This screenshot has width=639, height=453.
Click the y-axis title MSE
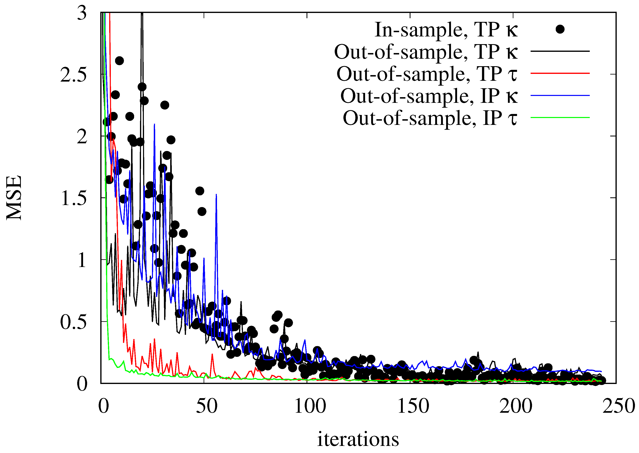coord(14,198)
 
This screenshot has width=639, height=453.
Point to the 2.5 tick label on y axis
coord(73,74)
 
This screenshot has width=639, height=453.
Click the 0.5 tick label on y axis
coord(73,322)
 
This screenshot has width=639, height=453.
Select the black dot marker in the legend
coord(560,29)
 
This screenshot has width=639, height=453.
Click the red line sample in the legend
coord(560,73)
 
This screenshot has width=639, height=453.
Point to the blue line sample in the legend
coord(560,95)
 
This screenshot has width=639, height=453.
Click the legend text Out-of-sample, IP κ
coord(429,96)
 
